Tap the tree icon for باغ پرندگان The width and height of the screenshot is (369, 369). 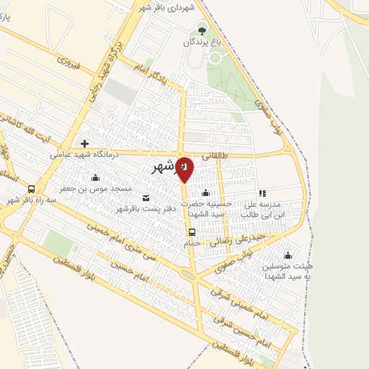click(201, 30)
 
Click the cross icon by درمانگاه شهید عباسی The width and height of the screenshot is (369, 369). click(85, 143)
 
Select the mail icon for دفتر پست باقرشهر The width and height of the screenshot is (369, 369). click(146, 198)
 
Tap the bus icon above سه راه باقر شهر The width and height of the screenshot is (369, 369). click(31, 189)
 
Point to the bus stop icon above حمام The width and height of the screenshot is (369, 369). click(192, 232)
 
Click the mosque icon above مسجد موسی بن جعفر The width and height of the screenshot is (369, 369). click(95, 177)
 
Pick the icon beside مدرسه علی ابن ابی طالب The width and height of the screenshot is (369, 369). click(262, 193)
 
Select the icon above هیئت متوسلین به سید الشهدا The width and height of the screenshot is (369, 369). click(288, 255)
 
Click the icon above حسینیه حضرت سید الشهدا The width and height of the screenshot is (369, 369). click(206, 193)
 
